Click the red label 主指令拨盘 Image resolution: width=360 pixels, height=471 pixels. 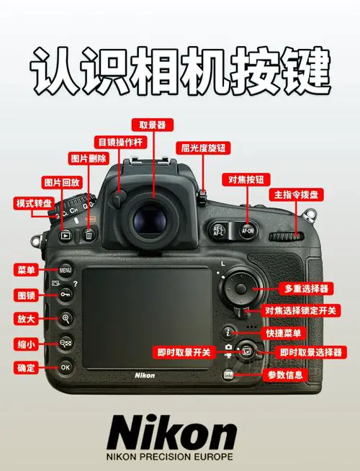click(297, 195)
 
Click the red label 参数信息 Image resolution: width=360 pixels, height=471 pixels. click(286, 374)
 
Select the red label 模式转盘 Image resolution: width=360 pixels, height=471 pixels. click(33, 204)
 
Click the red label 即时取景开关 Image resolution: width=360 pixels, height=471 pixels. click(184, 351)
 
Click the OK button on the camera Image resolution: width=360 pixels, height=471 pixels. click(66, 367)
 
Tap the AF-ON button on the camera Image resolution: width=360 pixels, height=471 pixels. click(248, 231)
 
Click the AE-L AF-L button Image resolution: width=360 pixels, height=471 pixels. click(219, 230)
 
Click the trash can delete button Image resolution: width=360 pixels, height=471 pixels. click(89, 235)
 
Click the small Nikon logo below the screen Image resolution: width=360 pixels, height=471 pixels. click(145, 374)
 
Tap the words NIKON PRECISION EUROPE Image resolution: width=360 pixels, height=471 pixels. click(171, 457)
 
